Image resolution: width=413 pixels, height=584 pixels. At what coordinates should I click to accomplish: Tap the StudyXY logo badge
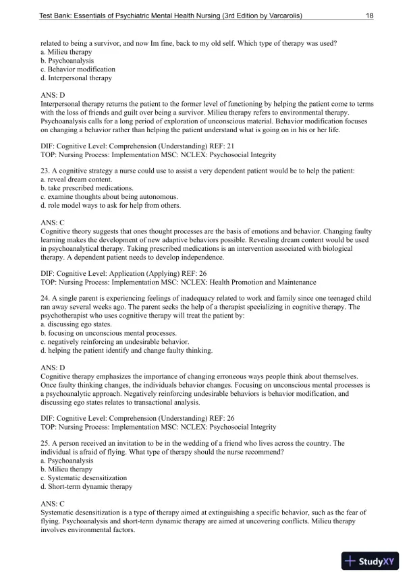point(370,561)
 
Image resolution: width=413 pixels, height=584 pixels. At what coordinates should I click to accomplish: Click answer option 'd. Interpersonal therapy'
point(76,78)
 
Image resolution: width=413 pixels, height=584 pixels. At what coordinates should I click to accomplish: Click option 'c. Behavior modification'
point(78,69)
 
